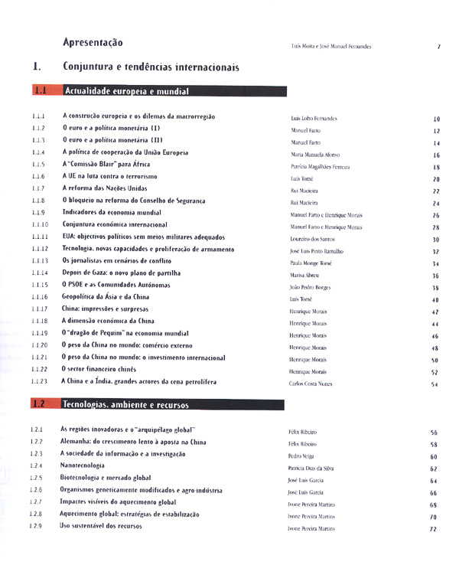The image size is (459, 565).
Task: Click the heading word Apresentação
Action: tap(93, 42)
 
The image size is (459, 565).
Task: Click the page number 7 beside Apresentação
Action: tap(438, 47)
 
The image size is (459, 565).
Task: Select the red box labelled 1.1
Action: tap(41, 91)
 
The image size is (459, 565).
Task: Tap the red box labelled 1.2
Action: tap(41, 403)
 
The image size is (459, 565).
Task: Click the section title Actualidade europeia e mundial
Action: tap(126, 91)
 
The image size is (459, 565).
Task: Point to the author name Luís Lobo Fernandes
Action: tap(314, 119)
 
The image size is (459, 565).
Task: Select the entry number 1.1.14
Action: tap(41, 273)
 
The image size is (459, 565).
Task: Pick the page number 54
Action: tap(435, 384)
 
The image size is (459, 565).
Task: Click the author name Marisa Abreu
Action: tap(305, 275)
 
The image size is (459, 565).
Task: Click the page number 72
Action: tap(433, 529)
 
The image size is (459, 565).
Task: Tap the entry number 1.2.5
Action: tap(37, 478)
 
